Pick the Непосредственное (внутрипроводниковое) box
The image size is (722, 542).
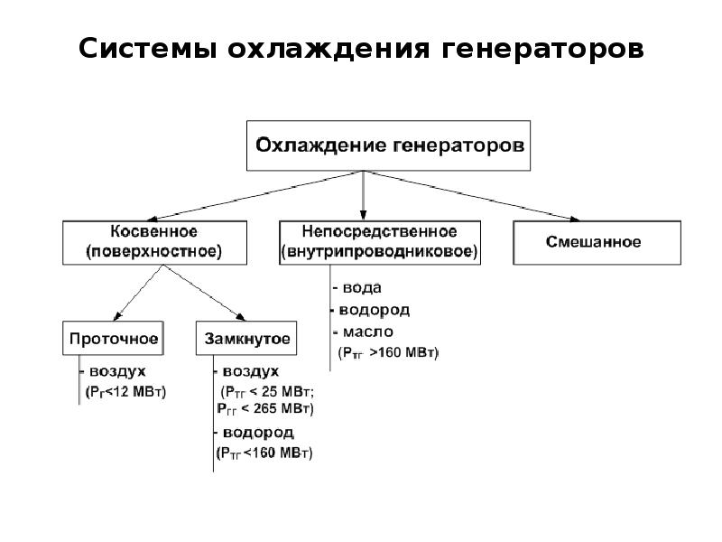(x=379, y=241)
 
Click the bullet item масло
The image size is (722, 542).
(x=363, y=332)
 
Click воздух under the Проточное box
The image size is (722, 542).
(x=116, y=372)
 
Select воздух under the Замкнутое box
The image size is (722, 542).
(x=249, y=372)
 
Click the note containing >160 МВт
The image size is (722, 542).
(x=388, y=352)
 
